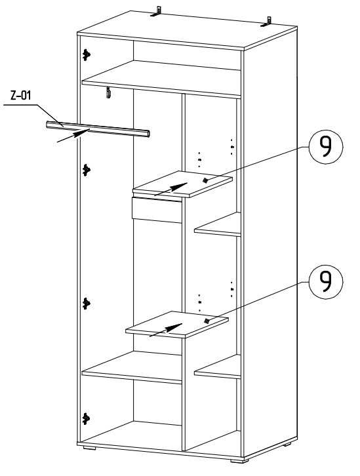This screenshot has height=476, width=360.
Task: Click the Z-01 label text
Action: click(x=21, y=96)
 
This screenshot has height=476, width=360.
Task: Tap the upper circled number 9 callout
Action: click(x=326, y=147)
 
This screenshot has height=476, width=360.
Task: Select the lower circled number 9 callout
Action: click(x=326, y=282)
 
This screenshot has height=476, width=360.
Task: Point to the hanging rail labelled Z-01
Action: click(x=98, y=129)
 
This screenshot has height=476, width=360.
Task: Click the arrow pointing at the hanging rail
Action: click(x=73, y=136)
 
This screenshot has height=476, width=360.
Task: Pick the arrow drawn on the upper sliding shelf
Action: click(x=171, y=189)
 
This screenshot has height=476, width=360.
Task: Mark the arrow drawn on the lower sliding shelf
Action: click(x=166, y=330)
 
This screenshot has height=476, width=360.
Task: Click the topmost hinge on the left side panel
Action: click(x=87, y=54)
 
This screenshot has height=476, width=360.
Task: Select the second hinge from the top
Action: click(x=87, y=170)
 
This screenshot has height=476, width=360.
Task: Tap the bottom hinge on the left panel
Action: click(x=87, y=418)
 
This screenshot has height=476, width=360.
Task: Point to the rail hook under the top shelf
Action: click(x=108, y=92)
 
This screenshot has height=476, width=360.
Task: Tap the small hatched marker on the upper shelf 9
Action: click(x=205, y=180)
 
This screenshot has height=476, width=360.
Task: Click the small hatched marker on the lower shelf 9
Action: click(x=207, y=321)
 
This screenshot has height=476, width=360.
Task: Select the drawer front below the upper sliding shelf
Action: click(x=157, y=210)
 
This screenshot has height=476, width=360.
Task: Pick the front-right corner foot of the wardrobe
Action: click(x=239, y=460)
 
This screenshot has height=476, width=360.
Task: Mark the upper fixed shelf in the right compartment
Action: click(x=218, y=225)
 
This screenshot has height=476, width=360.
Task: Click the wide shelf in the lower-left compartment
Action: click(x=132, y=367)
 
